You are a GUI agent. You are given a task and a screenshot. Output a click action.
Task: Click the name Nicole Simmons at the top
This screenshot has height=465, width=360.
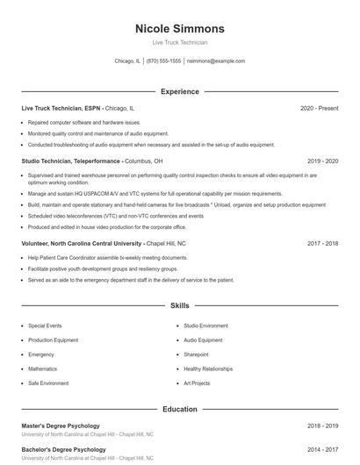pos(179,28)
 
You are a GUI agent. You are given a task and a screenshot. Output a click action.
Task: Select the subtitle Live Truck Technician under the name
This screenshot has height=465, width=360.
pos(179,42)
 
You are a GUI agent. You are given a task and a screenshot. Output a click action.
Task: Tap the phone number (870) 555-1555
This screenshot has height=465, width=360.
pos(163,61)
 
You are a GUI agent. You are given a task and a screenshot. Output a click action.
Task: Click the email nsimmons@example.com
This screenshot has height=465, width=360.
pos(216,61)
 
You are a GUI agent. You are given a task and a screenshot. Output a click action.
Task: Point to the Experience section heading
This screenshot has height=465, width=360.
pos(179,91)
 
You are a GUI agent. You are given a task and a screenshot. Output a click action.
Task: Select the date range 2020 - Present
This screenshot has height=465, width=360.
pos(319,108)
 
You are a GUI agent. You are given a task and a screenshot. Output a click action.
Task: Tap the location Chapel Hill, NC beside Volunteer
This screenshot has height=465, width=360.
pos(166,243)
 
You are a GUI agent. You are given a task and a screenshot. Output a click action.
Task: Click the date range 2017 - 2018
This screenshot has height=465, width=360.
pos(322,243)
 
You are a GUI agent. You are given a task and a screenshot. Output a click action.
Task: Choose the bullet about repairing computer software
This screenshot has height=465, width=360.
pos(84,123)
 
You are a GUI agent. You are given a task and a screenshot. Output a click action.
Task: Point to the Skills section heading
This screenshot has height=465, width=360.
pos(179,306)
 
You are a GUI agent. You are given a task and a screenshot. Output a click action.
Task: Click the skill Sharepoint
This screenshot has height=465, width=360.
pos(196,354)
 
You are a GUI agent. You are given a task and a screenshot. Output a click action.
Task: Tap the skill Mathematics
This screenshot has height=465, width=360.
pos(42,368)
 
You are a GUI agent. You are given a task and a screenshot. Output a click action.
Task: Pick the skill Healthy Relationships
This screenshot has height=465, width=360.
pos(208,368)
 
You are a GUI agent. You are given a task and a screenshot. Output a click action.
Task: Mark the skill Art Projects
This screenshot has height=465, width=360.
pos(197,383)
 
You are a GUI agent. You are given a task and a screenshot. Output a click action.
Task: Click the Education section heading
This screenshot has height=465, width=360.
pos(179,409)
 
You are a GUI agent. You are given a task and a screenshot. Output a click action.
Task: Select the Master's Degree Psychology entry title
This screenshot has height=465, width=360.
pos(61,426)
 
